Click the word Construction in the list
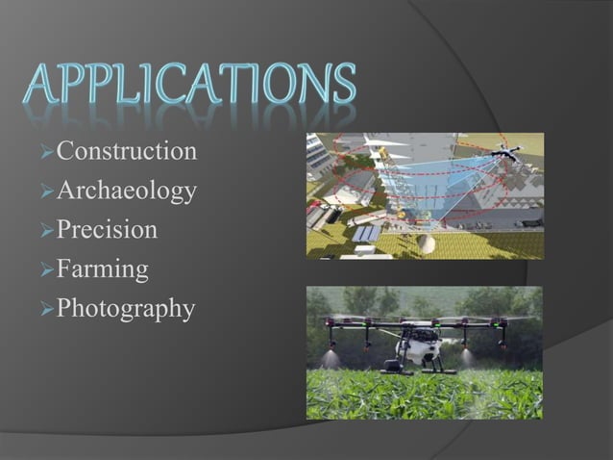(127, 151)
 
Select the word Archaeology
(127, 192)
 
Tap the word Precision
(107, 231)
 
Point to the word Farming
(102, 269)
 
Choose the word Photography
(126, 310)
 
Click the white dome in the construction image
(429, 243)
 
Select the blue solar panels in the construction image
(365, 234)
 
